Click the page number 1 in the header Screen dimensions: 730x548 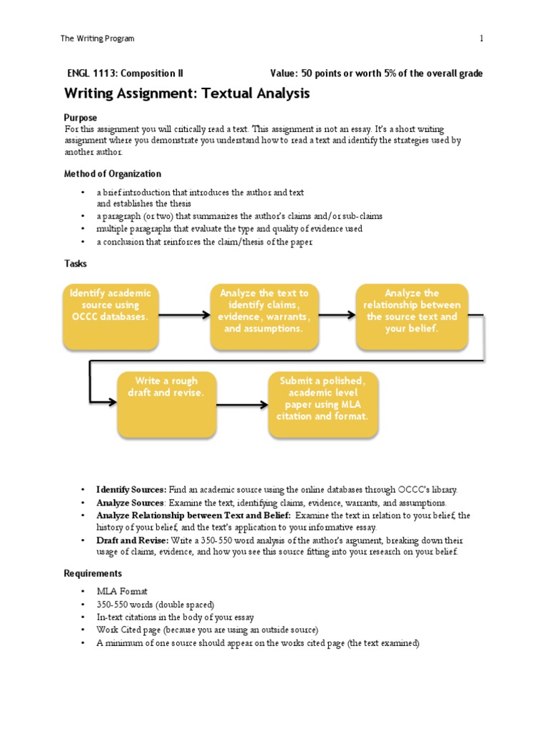pos(482,38)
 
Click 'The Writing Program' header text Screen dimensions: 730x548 pos(98,38)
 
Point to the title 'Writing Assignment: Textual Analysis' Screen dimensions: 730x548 pos(187,93)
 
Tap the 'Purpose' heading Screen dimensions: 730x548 pos(81,117)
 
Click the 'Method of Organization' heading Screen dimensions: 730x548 pos(113,173)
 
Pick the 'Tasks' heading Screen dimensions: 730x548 pos(76,263)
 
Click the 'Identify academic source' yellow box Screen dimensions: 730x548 pos(111,317)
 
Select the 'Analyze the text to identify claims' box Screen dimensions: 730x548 pos(264,317)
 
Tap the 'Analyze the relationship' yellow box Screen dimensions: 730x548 pos(412,317)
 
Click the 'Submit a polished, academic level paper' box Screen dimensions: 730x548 pos(323,403)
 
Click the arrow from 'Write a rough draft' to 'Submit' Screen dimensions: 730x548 pos(243,401)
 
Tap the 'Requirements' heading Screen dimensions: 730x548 pos(93,573)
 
